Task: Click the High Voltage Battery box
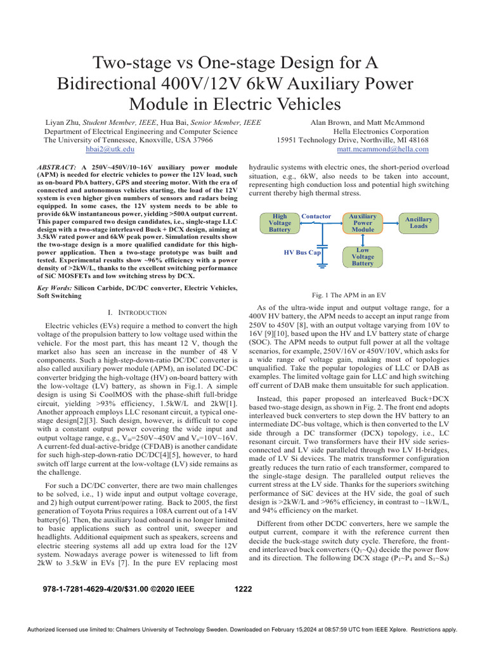(x=280, y=222)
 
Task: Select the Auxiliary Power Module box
(x=363, y=222)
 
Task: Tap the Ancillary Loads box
(x=419, y=222)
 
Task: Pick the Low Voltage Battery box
(x=363, y=257)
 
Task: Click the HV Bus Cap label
(x=302, y=252)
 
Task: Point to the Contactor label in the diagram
(x=316, y=217)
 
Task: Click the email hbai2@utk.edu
(x=110, y=149)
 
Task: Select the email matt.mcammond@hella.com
(x=382, y=149)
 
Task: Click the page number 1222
(x=243, y=589)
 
